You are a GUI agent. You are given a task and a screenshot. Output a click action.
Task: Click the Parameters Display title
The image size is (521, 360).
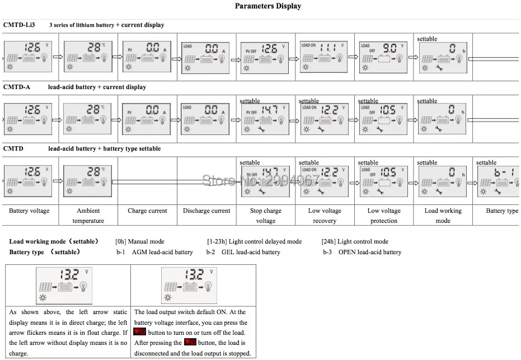pyautogui.click(x=267, y=6)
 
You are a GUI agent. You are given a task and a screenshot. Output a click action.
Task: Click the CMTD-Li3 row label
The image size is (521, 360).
pyautogui.click(x=15, y=25)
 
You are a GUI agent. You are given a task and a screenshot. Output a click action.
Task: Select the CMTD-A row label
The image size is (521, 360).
pyautogui.click(x=16, y=87)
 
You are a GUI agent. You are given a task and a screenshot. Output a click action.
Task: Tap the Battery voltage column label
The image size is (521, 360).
pyautogui.click(x=29, y=211)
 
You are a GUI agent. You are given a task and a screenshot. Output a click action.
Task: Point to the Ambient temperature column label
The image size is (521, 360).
pyautogui.click(x=88, y=216)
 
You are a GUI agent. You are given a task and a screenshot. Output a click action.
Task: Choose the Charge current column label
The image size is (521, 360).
pyautogui.click(x=147, y=211)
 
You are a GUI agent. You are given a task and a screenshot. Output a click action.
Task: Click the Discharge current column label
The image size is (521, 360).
pyautogui.click(x=206, y=211)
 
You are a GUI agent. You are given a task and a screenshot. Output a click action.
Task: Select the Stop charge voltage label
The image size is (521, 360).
pyautogui.click(x=266, y=216)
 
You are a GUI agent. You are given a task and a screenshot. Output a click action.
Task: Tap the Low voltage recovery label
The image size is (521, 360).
pyautogui.click(x=325, y=216)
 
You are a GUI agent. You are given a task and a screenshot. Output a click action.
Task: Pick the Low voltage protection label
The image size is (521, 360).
pyautogui.click(x=384, y=216)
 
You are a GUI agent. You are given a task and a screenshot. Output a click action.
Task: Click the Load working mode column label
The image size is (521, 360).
pyautogui.click(x=443, y=216)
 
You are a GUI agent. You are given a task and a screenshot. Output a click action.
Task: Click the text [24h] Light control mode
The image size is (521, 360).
pyautogui.click(x=355, y=242)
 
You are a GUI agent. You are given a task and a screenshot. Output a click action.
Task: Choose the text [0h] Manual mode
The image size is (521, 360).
pyautogui.click(x=139, y=242)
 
